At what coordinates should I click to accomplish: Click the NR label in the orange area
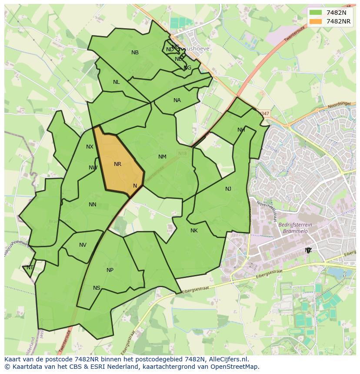coord(117,164)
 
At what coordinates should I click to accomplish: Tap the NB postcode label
coord(135,53)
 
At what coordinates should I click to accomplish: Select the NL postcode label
coord(116,82)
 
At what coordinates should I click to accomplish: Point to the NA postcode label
coord(177,100)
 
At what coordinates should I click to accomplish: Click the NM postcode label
coord(162,157)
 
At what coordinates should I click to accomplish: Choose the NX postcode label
coord(90,147)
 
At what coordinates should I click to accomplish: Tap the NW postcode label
coord(93,168)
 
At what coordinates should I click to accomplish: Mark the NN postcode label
coord(92,205)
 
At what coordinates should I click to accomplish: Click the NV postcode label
coord(83,245)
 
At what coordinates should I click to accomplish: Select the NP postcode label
coord(110,270)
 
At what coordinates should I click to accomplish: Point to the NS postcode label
coord(97,288)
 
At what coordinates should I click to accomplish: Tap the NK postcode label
coord(194,231)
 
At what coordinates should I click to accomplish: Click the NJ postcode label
coord(228,189)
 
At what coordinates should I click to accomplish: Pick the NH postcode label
coord(241,130)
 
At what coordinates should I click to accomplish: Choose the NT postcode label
coord(30,268)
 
